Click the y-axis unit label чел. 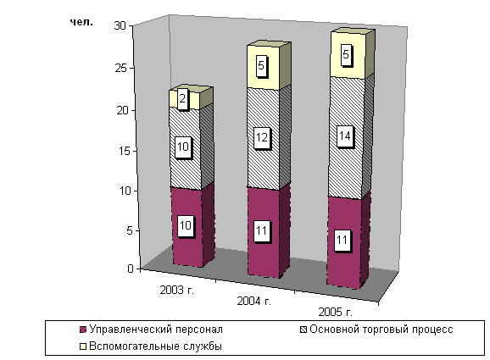[x=81, y=23]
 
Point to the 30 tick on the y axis [x=120, y=25]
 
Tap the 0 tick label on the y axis [x=131, y=269]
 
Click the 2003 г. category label [x=177, y=290]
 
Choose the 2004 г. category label [x=254, y=301]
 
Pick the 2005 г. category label [x=336, y=312]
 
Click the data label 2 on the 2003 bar [x=182, y=99]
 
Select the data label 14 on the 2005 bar [x=345, y=136]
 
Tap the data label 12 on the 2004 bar [x=262, y=137]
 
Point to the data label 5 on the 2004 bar [x=261, y=65]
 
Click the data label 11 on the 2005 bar [x=342, y=241]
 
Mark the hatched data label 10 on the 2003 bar [x=183, y=147]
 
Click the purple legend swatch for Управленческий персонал [x=83, y=330]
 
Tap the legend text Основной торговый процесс [x=381, y=330]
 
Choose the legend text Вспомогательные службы [x=155, y=346]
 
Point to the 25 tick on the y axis [x=121, y=68]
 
